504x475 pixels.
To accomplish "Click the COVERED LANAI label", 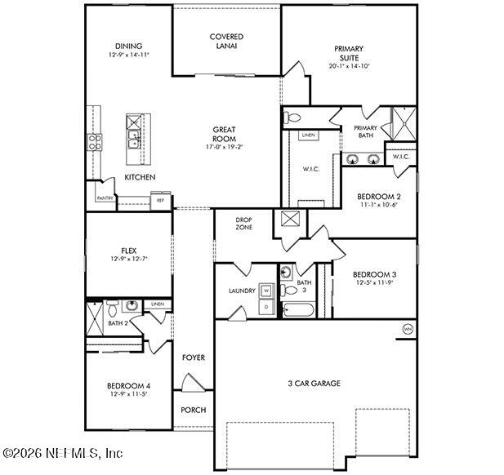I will pos(226,42).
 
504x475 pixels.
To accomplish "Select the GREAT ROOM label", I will pos(225,134).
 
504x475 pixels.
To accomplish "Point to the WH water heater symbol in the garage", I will pos(407,329).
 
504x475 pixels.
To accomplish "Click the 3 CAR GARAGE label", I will pos(313,383).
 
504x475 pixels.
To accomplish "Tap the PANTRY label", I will pos(105,198).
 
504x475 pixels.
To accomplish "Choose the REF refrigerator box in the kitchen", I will pos(160,199).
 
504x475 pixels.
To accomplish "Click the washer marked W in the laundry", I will pos(267,290).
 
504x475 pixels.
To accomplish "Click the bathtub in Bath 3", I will pos(297,309).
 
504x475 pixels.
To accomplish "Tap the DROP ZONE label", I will pos(243,223).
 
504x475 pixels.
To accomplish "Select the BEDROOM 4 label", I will pos(127,385).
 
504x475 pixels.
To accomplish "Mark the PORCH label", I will pos(193,410).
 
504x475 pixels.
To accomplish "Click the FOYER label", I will pos(193,357).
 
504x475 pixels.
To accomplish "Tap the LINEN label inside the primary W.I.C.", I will pos(308,135).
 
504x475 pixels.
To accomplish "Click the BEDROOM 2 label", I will pos(378,196).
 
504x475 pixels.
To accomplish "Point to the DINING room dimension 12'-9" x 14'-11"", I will pos(127,55).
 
